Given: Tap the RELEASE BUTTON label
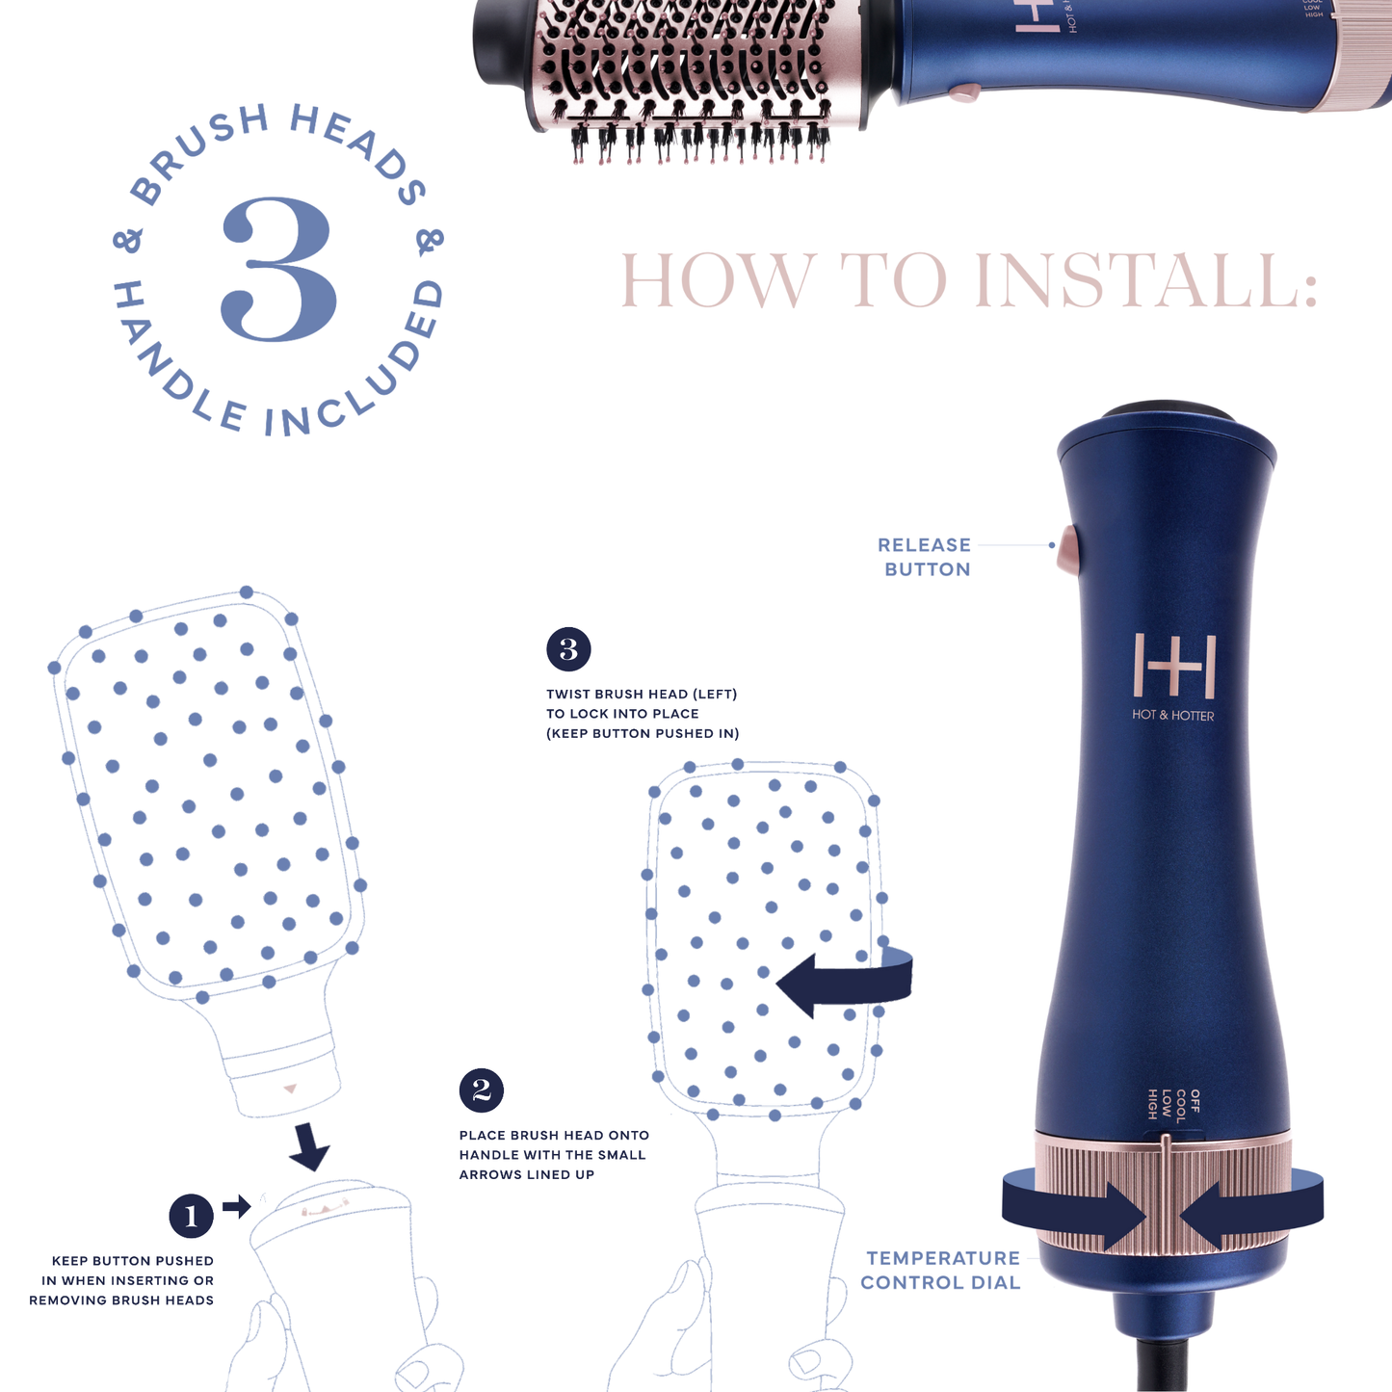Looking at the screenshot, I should (925, 557).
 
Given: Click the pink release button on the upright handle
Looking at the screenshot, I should (1067, 549).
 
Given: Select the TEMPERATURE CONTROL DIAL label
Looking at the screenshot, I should (940, 1270).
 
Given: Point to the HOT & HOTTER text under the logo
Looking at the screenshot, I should (1172, 716).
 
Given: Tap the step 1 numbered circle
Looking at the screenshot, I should (191, 1216).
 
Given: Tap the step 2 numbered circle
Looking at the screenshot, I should (482, 1090).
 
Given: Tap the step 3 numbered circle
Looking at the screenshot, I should (568, 649).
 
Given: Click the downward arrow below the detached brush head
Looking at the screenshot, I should (309, 1146).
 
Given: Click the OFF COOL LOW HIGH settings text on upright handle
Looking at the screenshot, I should (1173, 1105).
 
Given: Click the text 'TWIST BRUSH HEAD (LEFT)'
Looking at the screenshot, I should (641, 694).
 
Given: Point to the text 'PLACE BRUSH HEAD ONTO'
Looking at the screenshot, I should (554, 1135).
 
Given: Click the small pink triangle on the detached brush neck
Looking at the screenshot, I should (290, 1089).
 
